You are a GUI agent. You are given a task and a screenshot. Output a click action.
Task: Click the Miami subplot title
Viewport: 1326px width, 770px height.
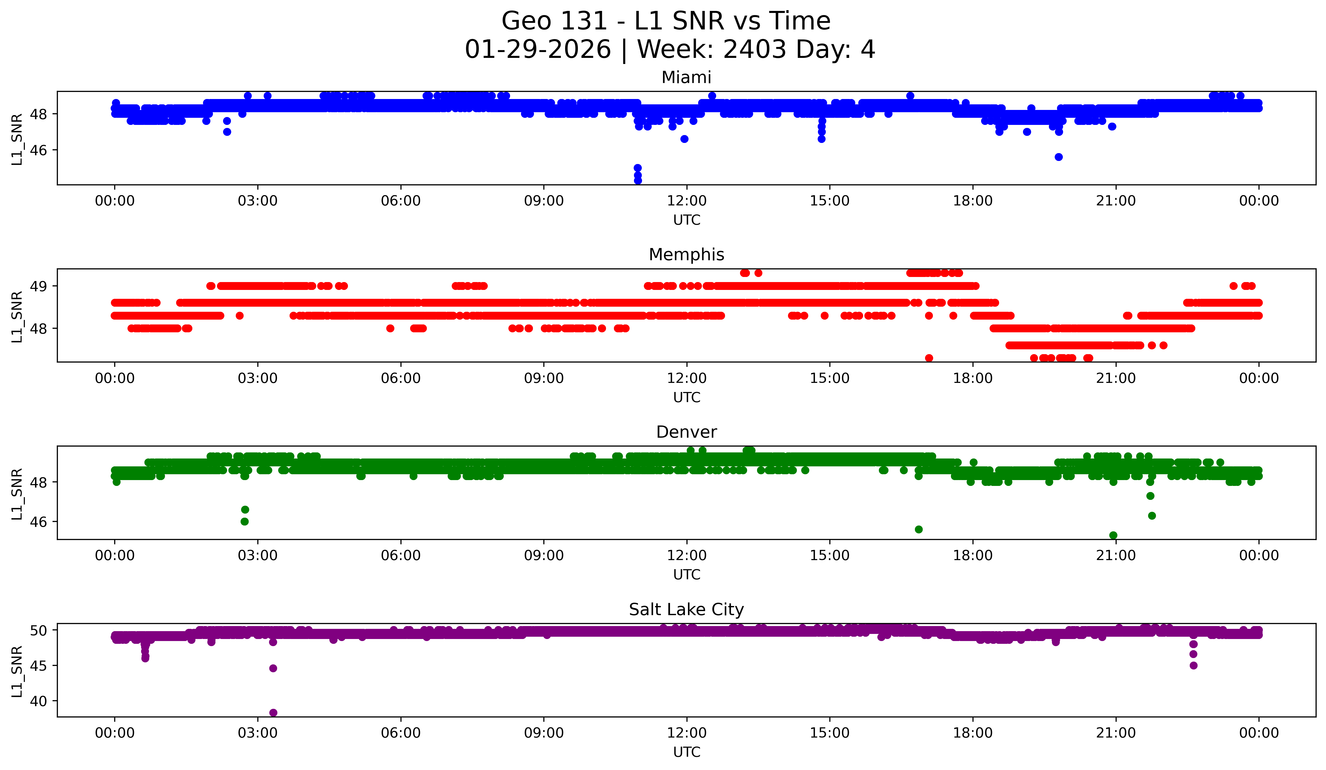(x=686, y=77)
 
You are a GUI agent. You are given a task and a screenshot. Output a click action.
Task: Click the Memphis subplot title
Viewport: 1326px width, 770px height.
(x=686, y=255)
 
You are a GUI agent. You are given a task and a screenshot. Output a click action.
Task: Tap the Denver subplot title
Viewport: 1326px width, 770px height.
(x=686, y=432)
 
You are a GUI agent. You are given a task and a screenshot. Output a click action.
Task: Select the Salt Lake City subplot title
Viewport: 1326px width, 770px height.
(x=686, y=610)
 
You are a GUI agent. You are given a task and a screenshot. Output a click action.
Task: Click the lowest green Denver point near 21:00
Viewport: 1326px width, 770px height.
(x=1113, y=535)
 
